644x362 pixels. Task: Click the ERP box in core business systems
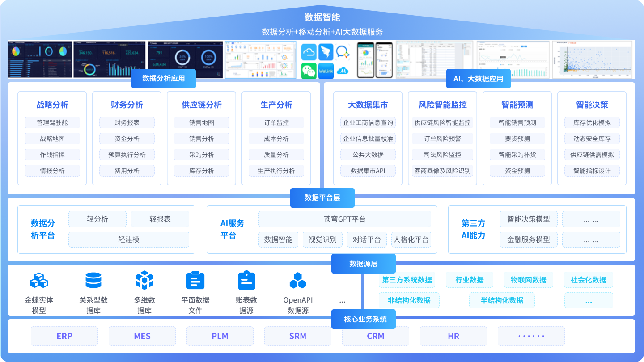pyautogui.click(x=64, y=336)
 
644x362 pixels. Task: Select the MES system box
pyautogui.click(x=142, y=336)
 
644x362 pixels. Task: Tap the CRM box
pyautogui.click(x=376, y=336)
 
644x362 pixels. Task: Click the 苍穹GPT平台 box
pyautogui.click(x=344, y=219)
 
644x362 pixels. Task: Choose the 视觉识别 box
pyautogui.click(x=322, y=240)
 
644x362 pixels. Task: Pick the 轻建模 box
pyautogui.click(x=129, y=240)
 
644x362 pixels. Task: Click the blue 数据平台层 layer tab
pyautogui.click(x=322, y=198)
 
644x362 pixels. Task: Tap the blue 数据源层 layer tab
pyautogui.click(x=363, y=264)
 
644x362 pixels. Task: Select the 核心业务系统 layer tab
pyautogui.click(x=365, y=319)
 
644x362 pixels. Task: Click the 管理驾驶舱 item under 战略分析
pyautogui.click(x=52, y=122)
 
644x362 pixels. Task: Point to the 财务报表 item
pyautogui.click(x=127, y=122)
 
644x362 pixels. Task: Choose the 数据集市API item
pyautogui.click(x=368, y=171)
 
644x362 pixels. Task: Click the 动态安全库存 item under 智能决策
pyautogui.click(x=592, y=139)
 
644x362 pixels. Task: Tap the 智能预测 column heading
pyautogui.click(x=517, y=105)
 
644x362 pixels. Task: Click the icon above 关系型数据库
pyautogui.click(x=93, y=280)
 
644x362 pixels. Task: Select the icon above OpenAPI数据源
pyautogui.click(x=298, y=281)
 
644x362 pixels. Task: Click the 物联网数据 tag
pyautogui.click(x=529, y=280)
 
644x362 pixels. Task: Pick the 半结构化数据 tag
pyautogui.click(x=502, y=300)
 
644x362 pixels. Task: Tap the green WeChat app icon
pyautogui.click(x=309, y=70)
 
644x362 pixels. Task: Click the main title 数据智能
pyautogui.click(x=322, y=17)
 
